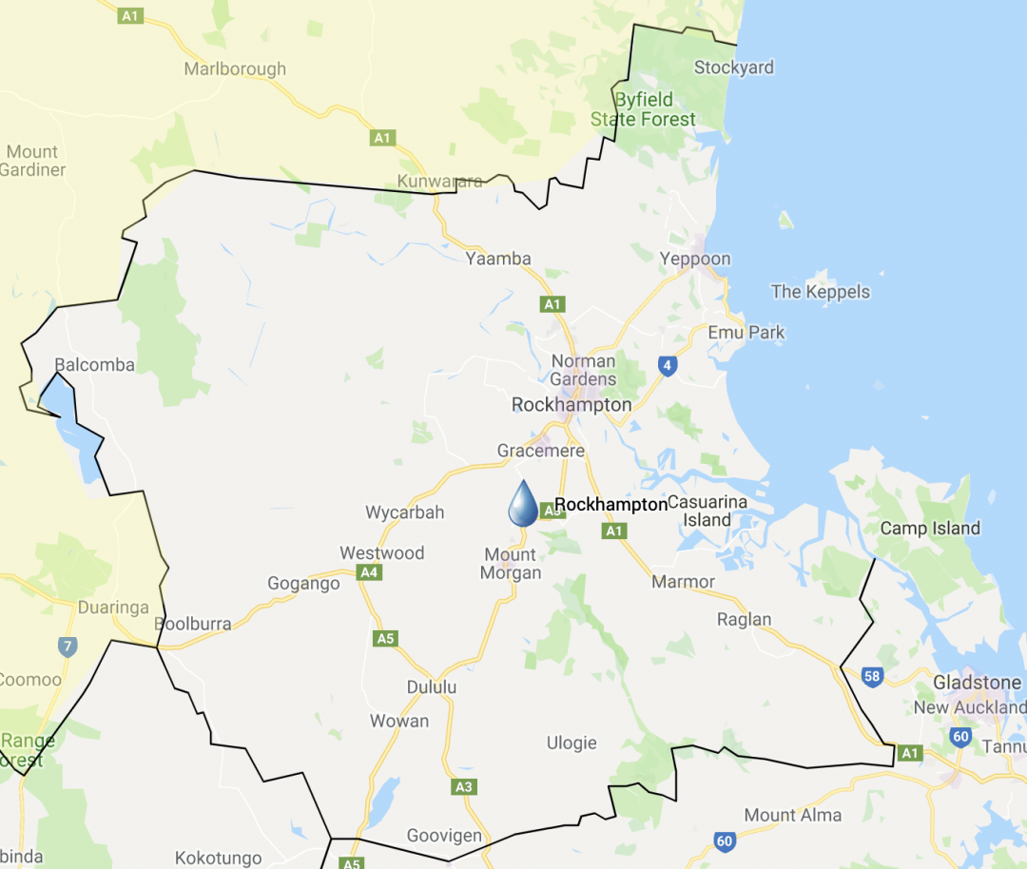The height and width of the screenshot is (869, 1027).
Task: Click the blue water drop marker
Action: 523,504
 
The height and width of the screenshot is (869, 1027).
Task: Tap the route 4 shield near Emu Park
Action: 668,365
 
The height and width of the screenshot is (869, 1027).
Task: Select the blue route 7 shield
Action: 67,647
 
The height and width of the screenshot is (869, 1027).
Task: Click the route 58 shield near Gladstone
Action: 872,676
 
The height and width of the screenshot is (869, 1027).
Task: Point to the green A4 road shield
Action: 370,572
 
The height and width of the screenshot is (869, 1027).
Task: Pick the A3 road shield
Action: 463,787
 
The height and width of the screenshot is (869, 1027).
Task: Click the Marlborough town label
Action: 235,69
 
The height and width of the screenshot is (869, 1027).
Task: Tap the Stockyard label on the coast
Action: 734,68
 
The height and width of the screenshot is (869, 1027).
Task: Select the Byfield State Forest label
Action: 644,109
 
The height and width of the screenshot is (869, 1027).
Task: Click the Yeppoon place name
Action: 695,259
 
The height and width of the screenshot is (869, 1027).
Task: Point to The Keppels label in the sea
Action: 821,292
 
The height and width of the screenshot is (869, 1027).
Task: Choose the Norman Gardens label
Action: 583,370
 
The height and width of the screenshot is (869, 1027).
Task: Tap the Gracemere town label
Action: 541,451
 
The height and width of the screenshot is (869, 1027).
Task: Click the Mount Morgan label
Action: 511,564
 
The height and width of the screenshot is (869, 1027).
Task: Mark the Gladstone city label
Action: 977,683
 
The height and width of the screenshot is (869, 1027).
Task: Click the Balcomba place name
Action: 94,365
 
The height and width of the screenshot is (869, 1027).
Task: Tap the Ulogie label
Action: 572,743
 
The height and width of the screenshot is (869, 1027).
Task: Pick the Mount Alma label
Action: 793,815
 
